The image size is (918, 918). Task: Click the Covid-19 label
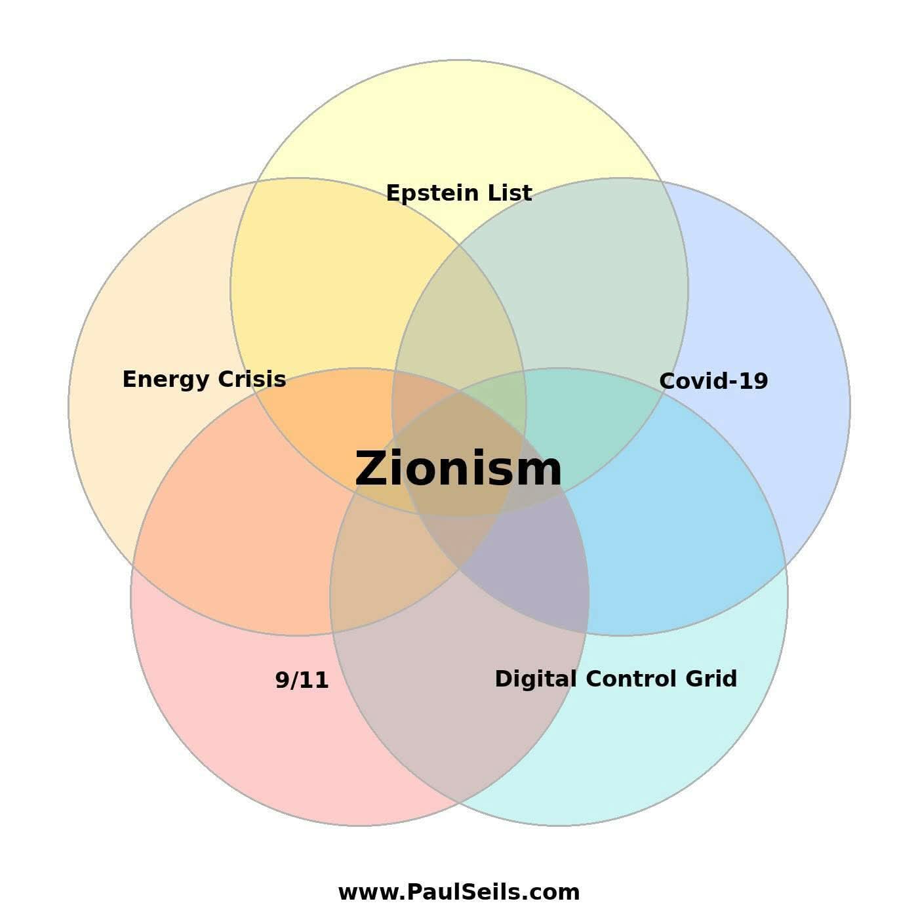[713, 381]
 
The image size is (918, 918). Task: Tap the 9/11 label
[302, 680]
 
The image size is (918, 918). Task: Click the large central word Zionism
[458, 469]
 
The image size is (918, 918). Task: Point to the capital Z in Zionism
[371, 469]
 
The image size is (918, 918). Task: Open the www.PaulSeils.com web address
[458, 892]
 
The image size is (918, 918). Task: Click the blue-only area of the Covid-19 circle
[787, 328]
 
